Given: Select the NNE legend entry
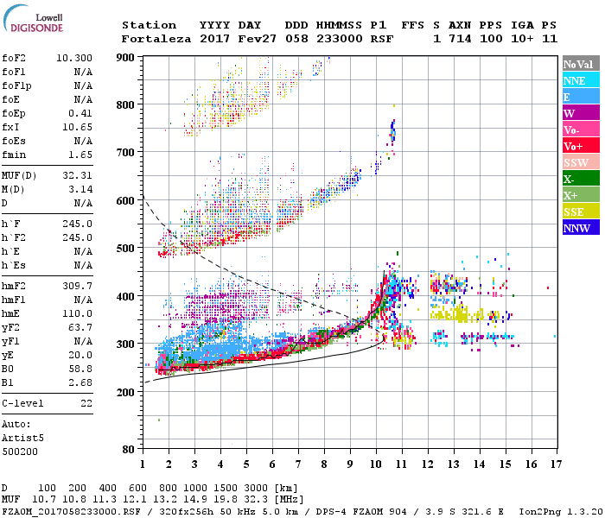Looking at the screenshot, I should [580, 80].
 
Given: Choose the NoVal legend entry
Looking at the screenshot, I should [580, 64].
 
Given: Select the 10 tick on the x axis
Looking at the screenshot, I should [376, 465].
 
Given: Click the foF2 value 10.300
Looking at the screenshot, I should [74, 55].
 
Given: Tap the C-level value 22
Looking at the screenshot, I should [86, 404].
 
